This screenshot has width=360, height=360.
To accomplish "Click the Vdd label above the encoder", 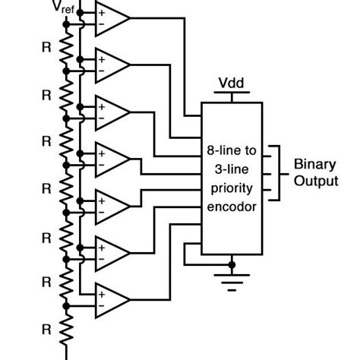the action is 231,83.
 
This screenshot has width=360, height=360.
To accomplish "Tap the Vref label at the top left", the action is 64,7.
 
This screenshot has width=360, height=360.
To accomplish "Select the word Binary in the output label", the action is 315,165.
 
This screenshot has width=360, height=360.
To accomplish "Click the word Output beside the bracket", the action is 316,182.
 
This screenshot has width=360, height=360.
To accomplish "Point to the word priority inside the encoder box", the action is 232,188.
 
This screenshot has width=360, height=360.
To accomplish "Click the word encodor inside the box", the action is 232,207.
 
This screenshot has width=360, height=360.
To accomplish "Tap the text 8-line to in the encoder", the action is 232,150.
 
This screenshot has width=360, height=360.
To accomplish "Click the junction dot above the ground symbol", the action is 232,265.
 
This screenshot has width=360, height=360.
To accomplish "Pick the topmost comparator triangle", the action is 112,18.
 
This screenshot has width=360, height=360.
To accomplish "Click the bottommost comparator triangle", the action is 112,300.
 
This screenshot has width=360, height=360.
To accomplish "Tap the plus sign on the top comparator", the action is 102,13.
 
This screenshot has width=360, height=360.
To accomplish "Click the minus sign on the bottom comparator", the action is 101,306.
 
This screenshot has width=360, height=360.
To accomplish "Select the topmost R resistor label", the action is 46,47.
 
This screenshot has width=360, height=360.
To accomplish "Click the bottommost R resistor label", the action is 46,330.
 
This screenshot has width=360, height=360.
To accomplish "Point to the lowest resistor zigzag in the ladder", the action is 66,329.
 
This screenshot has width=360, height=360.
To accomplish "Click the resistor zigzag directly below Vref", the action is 66,48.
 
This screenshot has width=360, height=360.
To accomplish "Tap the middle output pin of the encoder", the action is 267,174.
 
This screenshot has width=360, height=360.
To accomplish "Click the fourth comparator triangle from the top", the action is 112,159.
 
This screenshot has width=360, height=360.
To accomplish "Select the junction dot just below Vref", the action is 66,24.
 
